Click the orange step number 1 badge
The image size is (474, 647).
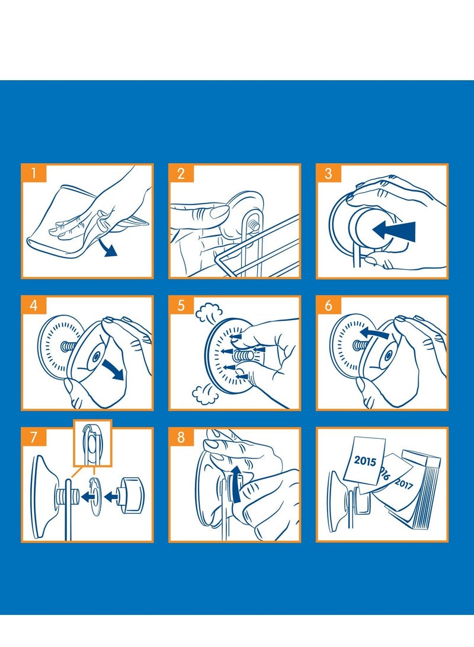click(x=34, y=173)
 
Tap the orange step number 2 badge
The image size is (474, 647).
click(x=181, y=173)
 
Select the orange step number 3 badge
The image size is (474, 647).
click(x=329, y=173)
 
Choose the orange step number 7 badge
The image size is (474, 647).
click(x=34, y=437)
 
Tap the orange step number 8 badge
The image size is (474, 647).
click(x=181, y=437)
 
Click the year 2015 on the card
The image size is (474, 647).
click(x=365, y=461)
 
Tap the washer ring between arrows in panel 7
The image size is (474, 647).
click(x=95, y=496)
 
